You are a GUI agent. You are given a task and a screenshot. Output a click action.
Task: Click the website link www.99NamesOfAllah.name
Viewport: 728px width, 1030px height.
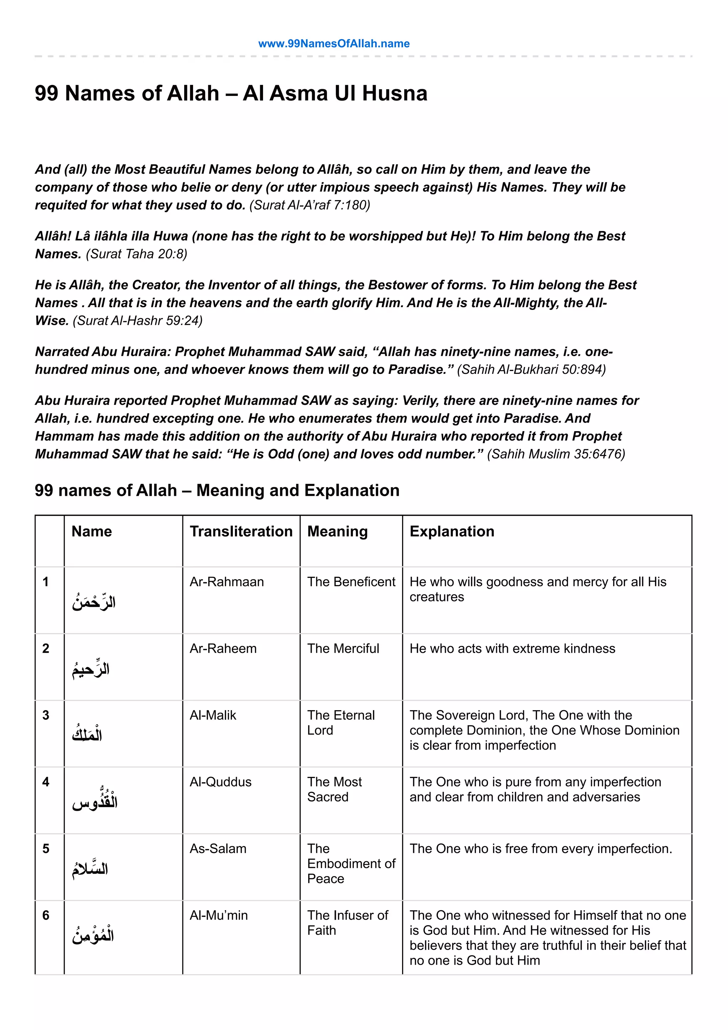pos(334,43)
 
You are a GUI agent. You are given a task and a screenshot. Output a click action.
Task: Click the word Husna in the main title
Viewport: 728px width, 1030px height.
pos(394,93)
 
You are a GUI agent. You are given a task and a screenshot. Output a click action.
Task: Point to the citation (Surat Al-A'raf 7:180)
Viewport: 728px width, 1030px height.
pos(310,205)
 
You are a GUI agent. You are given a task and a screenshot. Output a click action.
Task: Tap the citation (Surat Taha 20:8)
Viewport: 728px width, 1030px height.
pos(136,254)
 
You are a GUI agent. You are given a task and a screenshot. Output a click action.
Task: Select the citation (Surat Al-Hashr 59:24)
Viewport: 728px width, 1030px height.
pos(137,320)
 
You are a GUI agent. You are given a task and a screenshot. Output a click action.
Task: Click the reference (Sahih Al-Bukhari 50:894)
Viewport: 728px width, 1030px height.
pos(531,369)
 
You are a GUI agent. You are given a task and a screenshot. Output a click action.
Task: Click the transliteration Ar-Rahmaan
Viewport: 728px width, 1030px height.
pos(226,582)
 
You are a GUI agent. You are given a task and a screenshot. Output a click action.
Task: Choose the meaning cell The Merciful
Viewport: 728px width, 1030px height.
pos(343,649)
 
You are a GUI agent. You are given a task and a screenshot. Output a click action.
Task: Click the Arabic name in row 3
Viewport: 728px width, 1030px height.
pos(87,734)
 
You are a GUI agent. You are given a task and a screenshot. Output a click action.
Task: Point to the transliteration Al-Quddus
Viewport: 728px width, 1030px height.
pos(220,782)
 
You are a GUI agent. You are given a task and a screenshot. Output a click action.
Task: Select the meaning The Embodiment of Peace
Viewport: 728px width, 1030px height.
pos(351,864)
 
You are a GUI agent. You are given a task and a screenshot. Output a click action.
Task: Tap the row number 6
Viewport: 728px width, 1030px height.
pos(46,916)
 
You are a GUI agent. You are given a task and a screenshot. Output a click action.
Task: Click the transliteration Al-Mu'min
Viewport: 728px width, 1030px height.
pos(219,916)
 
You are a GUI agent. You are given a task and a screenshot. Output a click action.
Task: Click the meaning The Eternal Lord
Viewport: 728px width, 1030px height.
pos(341,722)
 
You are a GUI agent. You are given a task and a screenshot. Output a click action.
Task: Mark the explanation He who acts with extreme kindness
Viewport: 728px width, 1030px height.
pos(512,649)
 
